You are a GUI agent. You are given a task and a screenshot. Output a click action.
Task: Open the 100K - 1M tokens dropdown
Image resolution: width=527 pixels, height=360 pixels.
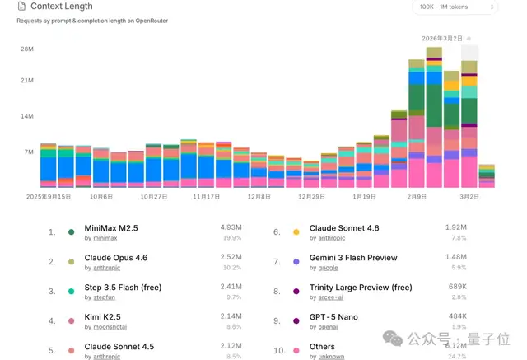(x=455, y=7)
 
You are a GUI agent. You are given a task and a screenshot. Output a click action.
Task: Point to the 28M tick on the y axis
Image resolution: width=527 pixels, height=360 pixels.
(x=26, y=49)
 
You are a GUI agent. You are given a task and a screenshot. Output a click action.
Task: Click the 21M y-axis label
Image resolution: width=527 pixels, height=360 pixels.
(x=26, y=81)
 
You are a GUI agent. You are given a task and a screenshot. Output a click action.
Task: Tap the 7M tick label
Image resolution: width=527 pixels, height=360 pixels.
(x=28, y=152)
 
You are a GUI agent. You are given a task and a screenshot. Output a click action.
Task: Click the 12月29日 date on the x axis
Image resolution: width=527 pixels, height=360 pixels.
(x=312, y=198)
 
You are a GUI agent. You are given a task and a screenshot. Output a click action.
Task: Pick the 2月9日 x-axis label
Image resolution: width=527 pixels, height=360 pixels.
(x=417, y=198)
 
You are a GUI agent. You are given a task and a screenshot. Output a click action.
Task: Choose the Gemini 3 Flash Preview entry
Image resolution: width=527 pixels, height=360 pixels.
(x=353, y=258)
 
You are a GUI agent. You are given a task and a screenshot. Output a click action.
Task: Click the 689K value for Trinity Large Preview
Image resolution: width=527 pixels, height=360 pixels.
(x=456, y=287)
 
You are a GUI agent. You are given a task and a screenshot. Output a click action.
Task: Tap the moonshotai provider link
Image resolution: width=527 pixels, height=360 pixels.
(x=105, y=327)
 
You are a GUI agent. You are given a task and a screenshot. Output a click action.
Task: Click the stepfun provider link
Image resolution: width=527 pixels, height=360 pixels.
(x=100, y=297)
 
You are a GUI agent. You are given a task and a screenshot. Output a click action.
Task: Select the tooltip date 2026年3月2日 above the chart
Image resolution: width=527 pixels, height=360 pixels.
(x=443, y=38)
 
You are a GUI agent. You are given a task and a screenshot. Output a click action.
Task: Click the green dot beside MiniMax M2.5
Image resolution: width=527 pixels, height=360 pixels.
(x=72, y=232)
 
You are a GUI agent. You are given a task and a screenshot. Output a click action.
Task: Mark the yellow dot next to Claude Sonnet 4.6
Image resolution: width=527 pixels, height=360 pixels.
(x=296, y=232)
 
